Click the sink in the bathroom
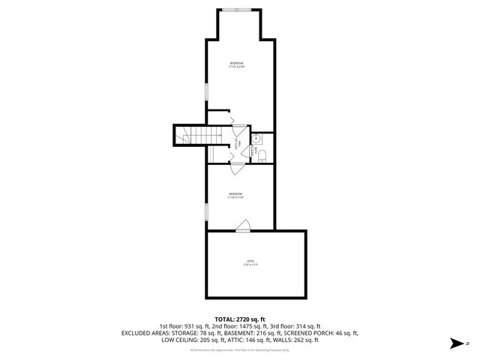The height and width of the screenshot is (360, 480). (256, 138)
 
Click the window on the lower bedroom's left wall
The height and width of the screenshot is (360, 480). (206, 209)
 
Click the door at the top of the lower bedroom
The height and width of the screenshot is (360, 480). (235, 169)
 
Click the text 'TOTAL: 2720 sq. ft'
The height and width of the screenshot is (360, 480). (239, 319)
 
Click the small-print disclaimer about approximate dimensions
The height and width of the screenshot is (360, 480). (239, 349)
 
